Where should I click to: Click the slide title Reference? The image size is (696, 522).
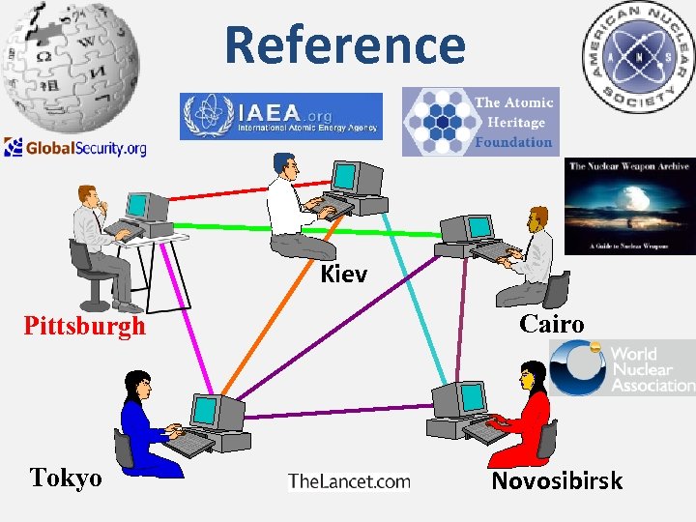(345, 44)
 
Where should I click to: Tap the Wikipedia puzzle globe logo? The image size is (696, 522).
(70, 62)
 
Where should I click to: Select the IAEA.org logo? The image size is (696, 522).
(280, 116)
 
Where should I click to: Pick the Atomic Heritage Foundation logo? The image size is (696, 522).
(480, 121)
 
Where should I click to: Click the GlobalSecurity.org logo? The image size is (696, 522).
(75, 148)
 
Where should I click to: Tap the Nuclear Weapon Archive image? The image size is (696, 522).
(628, 206)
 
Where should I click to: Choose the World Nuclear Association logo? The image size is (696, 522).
(623, 367)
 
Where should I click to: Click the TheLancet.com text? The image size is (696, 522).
(349, 481)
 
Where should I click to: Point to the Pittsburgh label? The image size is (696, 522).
(84, 326)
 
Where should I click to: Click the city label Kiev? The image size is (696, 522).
(343, 275)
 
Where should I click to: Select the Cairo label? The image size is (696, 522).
(551, 324)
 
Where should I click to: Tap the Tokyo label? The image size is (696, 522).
(66, 478)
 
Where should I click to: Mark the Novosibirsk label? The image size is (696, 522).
(557, 480)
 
